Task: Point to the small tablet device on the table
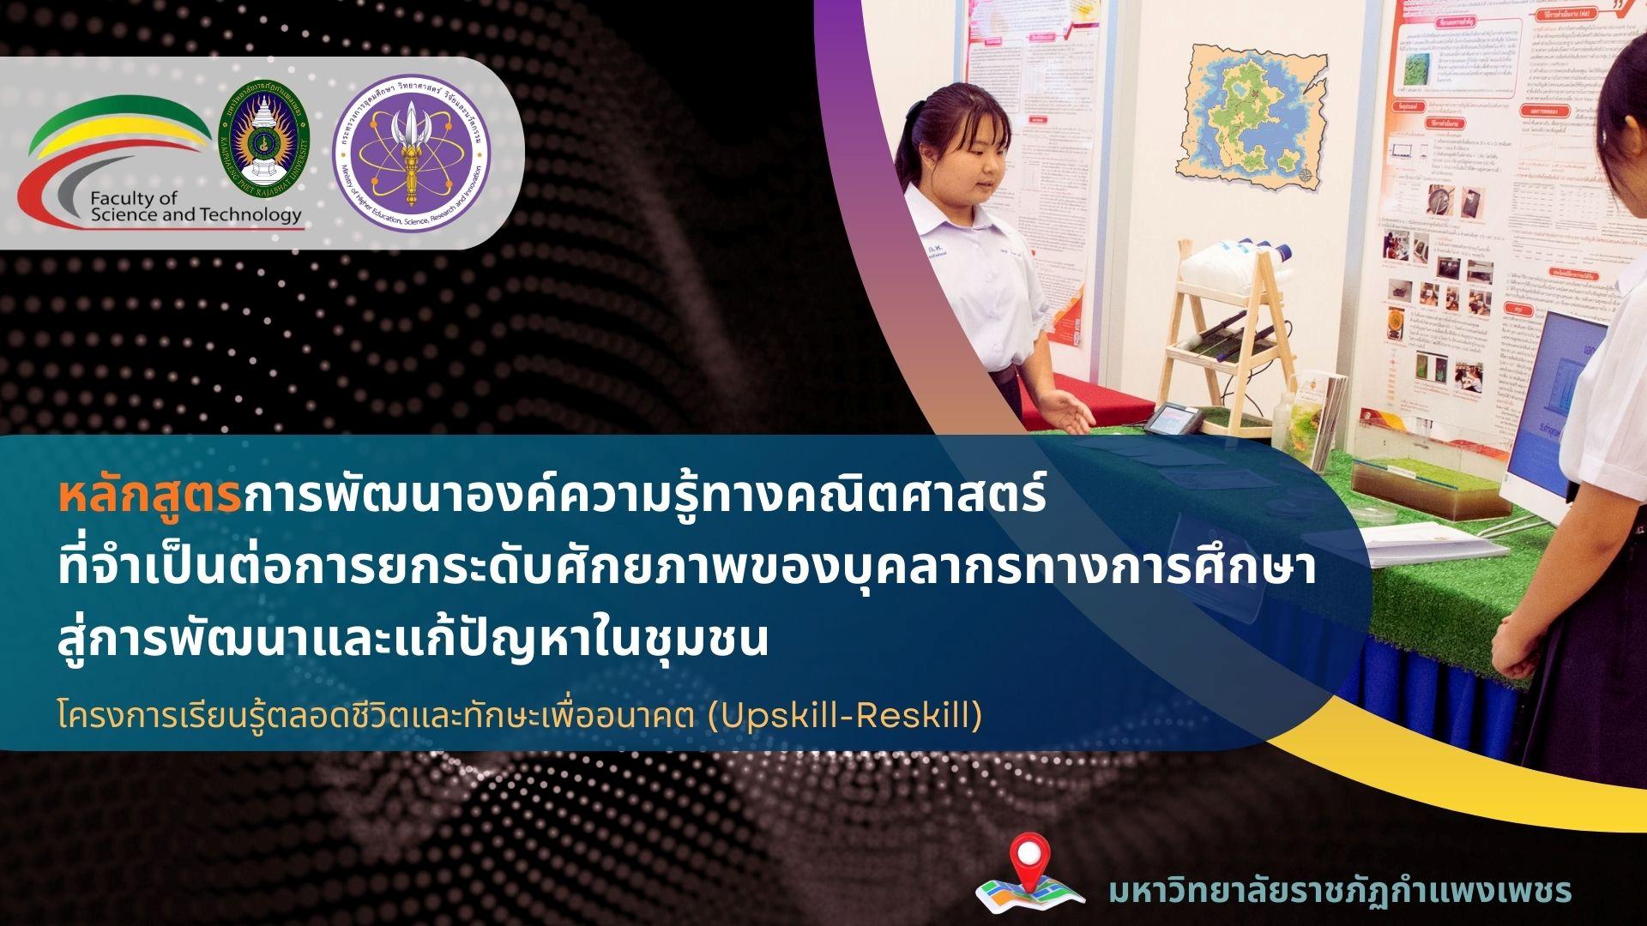click(x=1171, y=419)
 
